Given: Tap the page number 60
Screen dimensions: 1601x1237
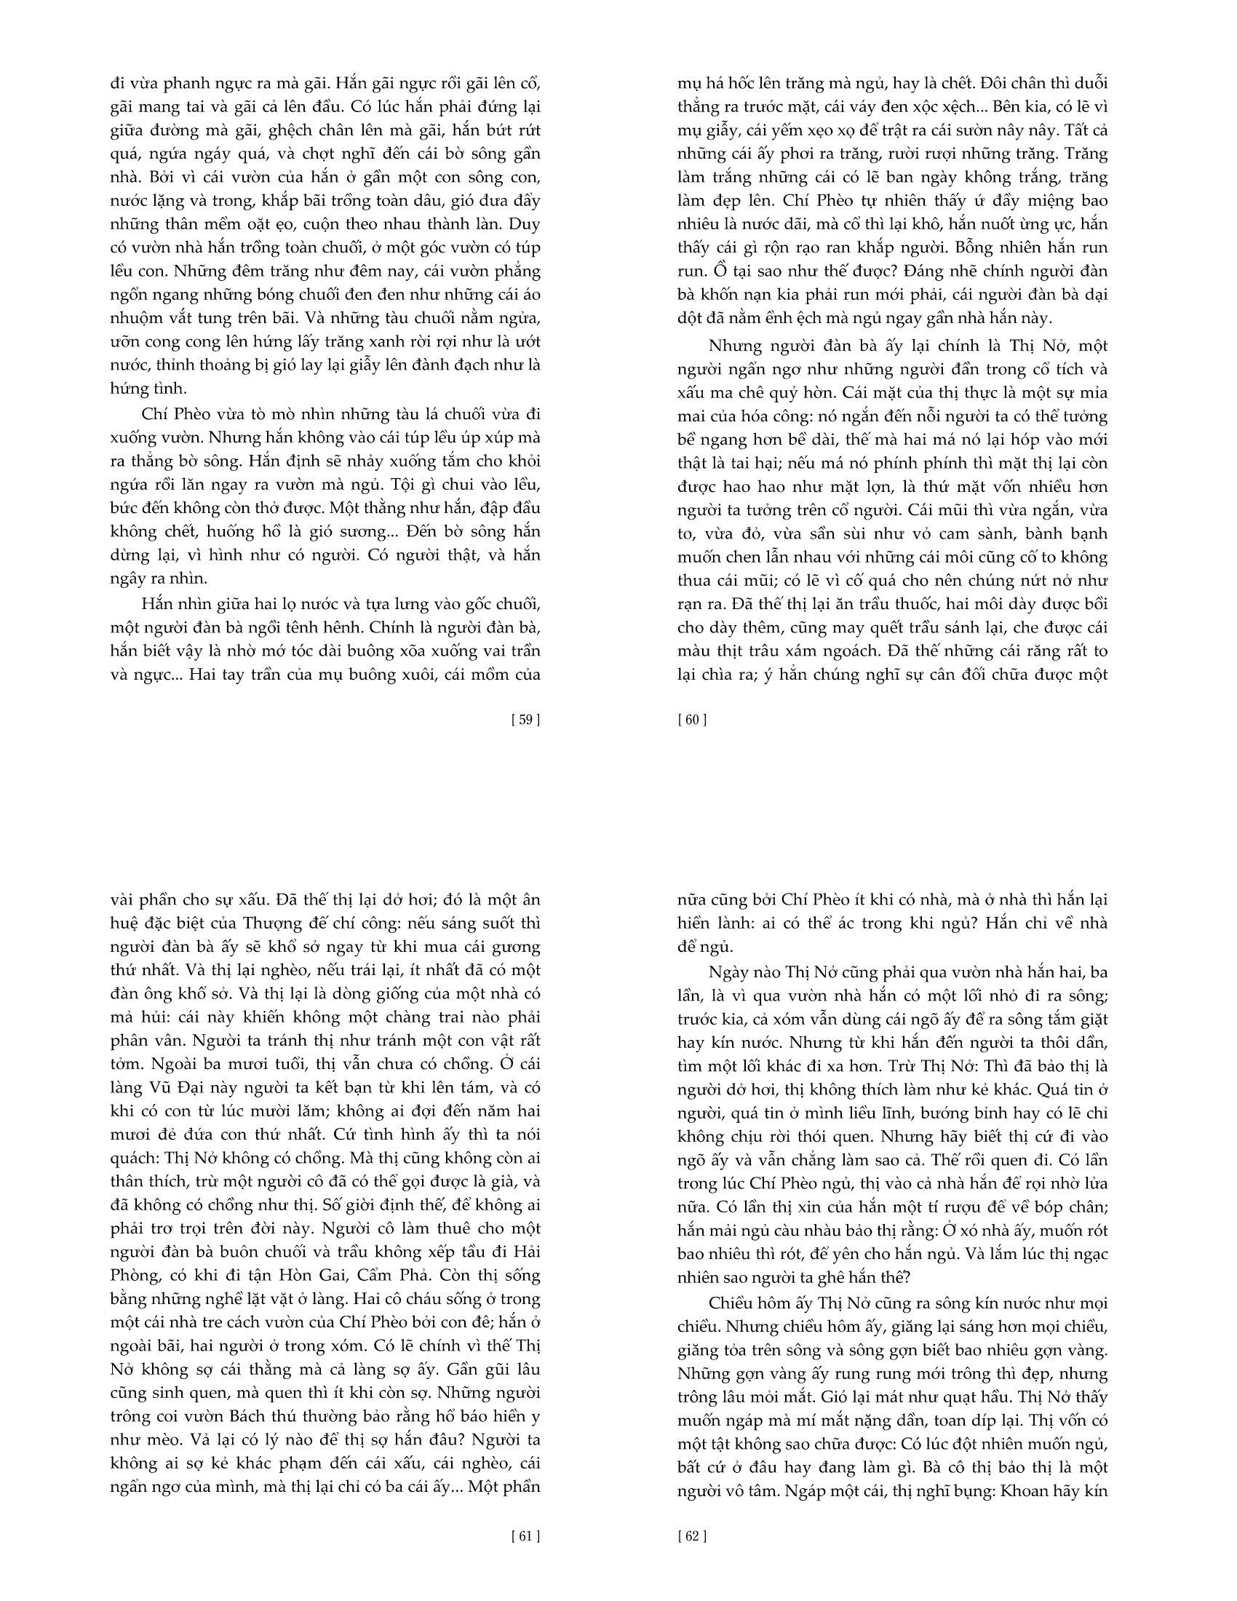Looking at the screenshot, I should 692,719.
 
